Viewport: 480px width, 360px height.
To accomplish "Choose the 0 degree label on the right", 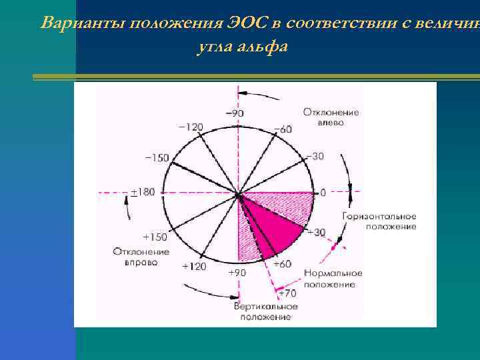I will (x=323, y=193).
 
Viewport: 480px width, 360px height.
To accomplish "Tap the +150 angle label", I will (x=155, y=237).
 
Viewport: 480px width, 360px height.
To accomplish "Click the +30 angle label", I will (x=315, y=232).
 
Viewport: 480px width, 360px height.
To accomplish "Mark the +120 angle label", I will (x=194, y=266).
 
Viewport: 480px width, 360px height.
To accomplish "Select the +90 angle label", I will (x=237, y=273).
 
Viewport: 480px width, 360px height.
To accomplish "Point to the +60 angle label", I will (x=283, y=264).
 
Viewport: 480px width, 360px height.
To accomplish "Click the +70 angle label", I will (x=287, y=293).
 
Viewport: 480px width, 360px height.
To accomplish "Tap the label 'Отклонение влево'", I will (x=331, y=117).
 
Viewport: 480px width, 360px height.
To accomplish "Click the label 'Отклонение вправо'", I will (x=141, y=257).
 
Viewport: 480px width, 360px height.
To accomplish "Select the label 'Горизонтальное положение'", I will (x=379, y=221).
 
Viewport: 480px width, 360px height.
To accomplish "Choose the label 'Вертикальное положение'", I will (x=265, y=311).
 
